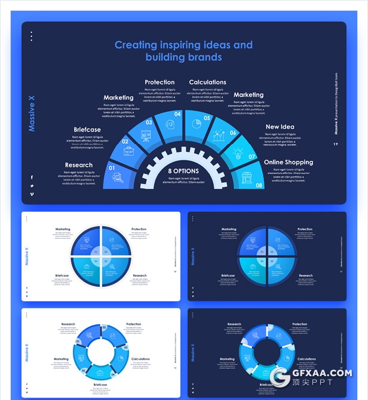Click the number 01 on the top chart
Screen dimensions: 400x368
111,168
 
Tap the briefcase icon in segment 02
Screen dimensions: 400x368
129,152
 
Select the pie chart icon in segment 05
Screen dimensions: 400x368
195,123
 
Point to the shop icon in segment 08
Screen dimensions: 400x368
243,177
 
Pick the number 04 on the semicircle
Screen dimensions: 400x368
178,114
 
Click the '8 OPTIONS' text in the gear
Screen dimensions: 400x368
183,171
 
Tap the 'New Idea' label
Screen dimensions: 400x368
280,127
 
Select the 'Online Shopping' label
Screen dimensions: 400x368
288,162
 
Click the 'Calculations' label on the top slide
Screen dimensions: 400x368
207,82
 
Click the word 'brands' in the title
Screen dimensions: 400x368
202,57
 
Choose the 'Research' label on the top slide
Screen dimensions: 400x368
79,165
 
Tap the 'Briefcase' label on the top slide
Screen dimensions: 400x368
87,129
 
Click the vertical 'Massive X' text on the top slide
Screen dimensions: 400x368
32,114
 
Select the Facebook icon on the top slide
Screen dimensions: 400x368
32,177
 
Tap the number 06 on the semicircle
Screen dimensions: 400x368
233,133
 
